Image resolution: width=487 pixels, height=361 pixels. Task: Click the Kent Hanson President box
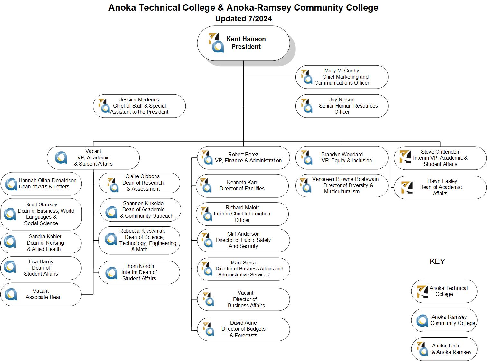point(243,43)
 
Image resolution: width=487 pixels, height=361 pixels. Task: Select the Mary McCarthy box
point(342,77)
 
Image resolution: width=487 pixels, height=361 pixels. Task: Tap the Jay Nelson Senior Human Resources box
point(342,106)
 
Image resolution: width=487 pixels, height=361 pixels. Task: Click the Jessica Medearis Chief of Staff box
point(139,106)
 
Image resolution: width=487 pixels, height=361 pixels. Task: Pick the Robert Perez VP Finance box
point(243,157)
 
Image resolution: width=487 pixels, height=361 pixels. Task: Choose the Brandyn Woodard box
point(342,157)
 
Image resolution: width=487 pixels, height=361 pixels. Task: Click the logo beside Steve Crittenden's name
point(405,157)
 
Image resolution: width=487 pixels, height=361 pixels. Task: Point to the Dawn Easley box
point(440,187)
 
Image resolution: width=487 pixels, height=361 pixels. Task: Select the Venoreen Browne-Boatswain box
point(342,185)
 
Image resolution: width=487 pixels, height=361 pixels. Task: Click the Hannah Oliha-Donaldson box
point(41,184)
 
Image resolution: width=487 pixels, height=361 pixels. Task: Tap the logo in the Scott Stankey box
point(10,214)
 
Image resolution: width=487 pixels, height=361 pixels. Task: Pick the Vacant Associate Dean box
point(41,294)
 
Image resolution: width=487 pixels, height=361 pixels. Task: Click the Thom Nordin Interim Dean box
point(139,272)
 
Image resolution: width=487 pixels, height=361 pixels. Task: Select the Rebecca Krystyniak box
point(139,240)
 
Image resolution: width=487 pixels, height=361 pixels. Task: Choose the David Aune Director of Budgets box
point(243,329)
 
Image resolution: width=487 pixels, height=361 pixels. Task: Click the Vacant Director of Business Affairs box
point(243,299)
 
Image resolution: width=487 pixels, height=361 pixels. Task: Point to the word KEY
point(437,261)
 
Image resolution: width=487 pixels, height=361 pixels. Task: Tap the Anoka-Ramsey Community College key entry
point(444,320)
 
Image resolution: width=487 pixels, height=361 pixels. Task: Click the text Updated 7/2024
point(243,19)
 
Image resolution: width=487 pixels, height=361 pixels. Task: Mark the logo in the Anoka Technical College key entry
point(423,291)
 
